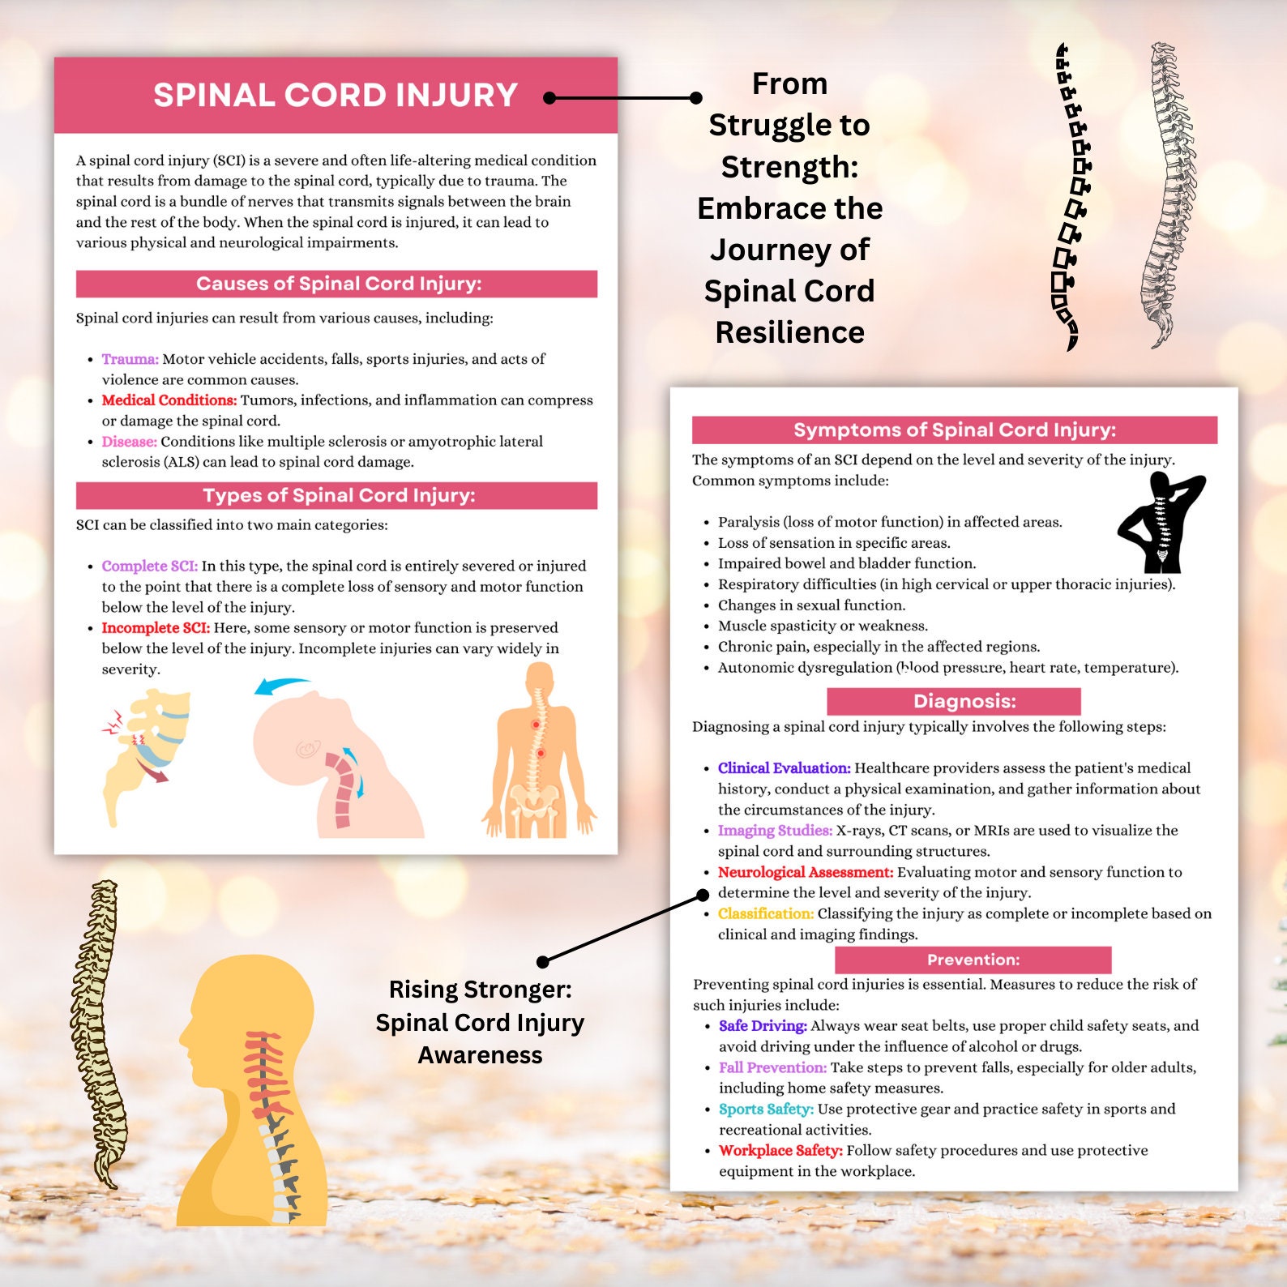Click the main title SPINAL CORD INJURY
tap(336, 96)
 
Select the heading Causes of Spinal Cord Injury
tap(338, 284)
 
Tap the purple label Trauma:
tap(130, 359)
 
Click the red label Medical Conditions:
tap(169, 400)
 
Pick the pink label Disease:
tap(129, 442)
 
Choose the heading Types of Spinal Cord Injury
tap(338, 495)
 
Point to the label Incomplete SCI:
tap(155, 628)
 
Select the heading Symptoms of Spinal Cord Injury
tap(954, 430)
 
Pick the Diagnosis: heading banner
tap(954, 701)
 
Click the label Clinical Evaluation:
tap(784, 768)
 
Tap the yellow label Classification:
tap(765, 913)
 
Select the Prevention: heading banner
tap(973, 960)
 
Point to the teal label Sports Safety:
tap(766, 1109)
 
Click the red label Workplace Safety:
tap(780, 1151)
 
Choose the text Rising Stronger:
tap(480, 990)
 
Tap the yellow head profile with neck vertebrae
tap(251, 1094)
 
